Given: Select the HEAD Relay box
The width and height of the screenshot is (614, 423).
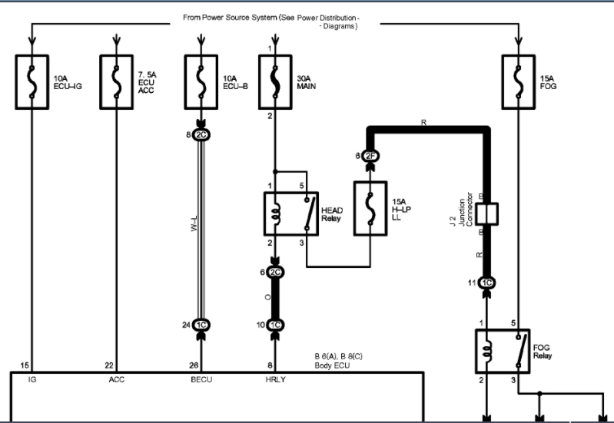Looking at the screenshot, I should click(291, 213).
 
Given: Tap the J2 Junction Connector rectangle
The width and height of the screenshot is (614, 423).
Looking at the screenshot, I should click(486, 213).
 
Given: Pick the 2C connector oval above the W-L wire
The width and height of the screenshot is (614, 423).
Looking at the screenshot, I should click(201, 135).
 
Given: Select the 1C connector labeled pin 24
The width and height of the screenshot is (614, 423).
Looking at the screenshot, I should click(201, 325).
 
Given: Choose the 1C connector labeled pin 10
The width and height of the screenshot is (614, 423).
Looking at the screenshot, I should click(275, 325).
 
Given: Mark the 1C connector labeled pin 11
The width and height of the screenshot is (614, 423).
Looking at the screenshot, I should click(486, 283).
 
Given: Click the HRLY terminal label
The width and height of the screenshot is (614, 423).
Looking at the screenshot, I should click(274, 379).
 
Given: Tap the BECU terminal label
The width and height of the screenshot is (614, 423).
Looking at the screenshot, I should click(201, 379).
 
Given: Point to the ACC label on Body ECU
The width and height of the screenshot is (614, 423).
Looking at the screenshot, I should click(117, 379).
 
